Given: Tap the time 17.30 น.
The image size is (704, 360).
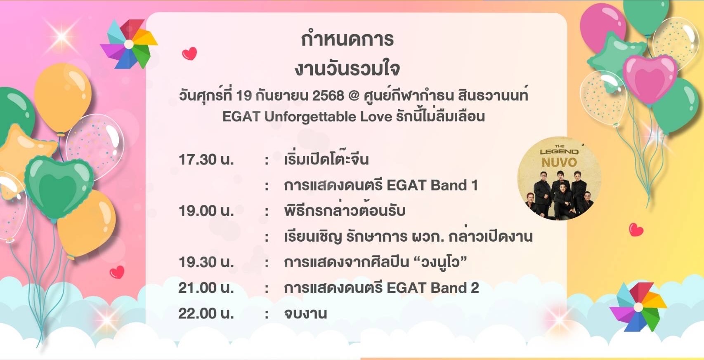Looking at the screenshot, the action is pyautogui.click(x=206, y=160).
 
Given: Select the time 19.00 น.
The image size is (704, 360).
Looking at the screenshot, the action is pyautogui.click(x=206, y=211).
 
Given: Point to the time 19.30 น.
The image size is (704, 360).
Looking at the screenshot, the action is pyautogui.click(x=206, y=262).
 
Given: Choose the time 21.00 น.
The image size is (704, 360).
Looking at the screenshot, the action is pyautogui.click(x=206, y=288).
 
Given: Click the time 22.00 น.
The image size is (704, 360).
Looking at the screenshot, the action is pyautogui.click(x=206, y=313).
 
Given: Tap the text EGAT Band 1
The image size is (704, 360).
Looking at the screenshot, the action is pyautogui.click(x=432, y=185).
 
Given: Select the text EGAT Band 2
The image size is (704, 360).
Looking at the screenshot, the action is pyautogui.click(x=433, y=288).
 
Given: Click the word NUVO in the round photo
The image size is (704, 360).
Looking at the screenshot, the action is pyautogui.click(x=559, y=162).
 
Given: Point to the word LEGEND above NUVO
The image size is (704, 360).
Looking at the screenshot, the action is pyautogui.click(x=559, y=152).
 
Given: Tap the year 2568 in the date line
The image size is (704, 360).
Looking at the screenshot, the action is pyautogui.click(x=328, y=96).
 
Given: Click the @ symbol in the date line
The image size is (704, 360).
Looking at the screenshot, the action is pyautogui.click(x=354, y=96).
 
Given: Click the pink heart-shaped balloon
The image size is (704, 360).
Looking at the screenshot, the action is pyautogui.click(x=649, y=78).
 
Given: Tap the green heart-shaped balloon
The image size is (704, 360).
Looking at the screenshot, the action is pyautogui.click(x=59, y=188).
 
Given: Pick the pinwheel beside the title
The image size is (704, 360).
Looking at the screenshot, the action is pyautogui.click(x=128, y=44).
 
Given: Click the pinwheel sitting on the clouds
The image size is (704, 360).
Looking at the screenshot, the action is pyautogui.click(x=638, y=307).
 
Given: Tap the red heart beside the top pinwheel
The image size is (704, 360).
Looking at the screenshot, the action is pyautogui.click(x=189, y=54).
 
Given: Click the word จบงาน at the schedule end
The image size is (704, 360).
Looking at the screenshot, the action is pyautogui.click(x=305, y=313).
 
